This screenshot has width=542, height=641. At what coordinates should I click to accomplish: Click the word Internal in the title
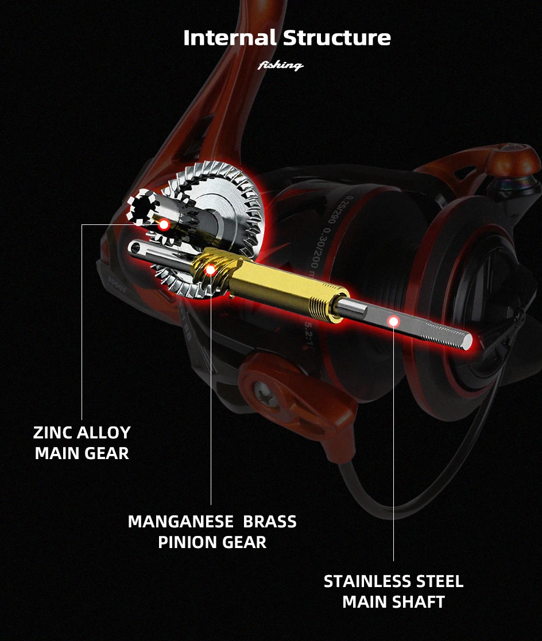[x=230, y=38]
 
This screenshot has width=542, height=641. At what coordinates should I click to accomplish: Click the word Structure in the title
[x=337, y=38]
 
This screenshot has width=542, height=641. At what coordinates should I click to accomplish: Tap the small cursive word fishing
[x=281, y=65]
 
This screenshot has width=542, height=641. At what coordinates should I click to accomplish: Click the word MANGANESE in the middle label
[x=180, y=522]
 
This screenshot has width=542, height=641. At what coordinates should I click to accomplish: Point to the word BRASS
[x=270, y=522]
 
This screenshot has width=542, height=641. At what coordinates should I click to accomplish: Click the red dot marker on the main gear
[x=164, y=224]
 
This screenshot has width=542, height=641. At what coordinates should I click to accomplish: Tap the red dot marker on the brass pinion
[x=210, y=269]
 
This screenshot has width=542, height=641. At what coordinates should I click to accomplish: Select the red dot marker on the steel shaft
[x=393, y=321]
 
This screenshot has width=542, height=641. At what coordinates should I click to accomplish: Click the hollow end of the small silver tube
[x=133, y=248]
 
